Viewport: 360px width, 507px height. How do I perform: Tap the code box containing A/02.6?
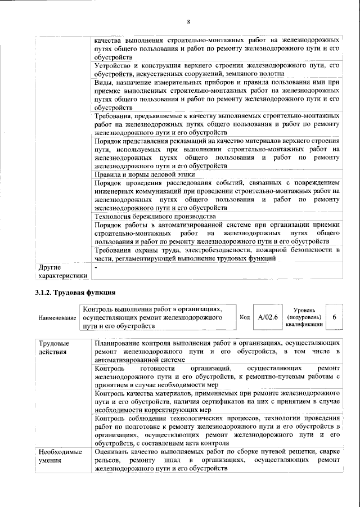(x=268, y=317)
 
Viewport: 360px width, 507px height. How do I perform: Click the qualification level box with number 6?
(x=334, y=317)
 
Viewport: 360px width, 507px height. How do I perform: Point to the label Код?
(x=245, y=317)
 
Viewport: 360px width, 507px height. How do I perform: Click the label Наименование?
(x=57, y=318)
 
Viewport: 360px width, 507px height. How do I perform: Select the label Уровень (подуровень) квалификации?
(x=304, y=317)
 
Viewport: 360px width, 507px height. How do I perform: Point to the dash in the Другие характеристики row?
(x=97, y=267)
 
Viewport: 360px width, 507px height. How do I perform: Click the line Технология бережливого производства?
(x=155, y=216)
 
